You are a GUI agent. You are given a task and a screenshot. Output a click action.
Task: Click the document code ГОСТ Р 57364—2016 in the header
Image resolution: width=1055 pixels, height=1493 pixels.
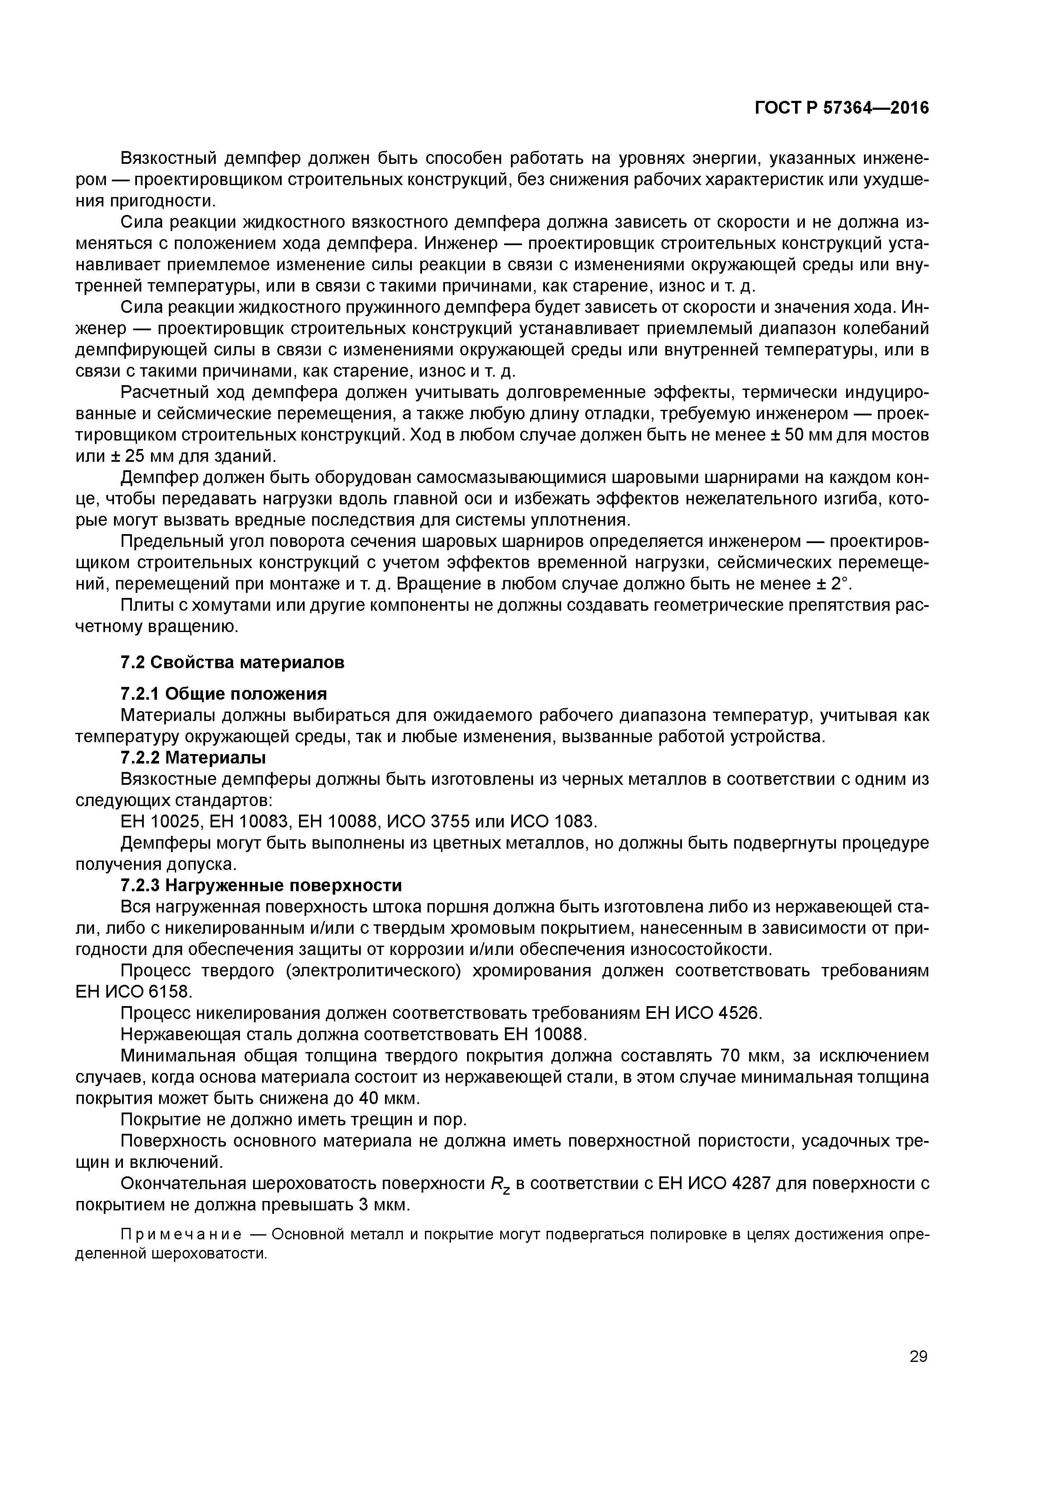pos(842,108)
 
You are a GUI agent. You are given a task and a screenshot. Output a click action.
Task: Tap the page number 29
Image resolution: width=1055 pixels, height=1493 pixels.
pos(918,1356)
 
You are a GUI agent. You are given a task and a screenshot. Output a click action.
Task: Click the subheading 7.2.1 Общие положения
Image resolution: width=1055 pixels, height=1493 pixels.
pos(224,693)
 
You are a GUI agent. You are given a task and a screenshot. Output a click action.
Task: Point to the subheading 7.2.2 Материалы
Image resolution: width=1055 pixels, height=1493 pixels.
pos(194,758)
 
